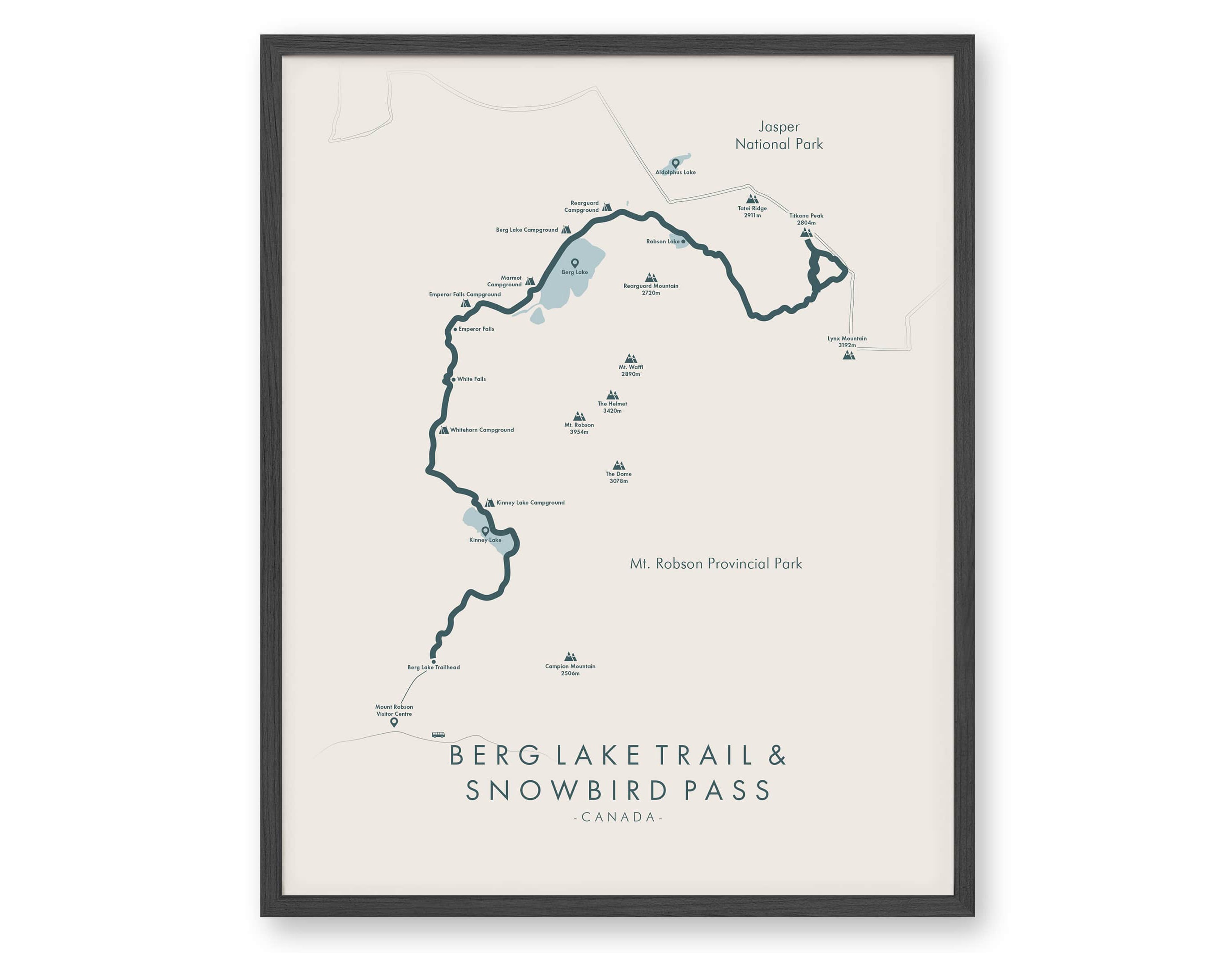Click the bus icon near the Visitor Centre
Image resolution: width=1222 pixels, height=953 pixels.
(x=438, y=735)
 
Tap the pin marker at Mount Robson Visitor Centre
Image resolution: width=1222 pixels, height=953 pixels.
(x=394, y=722)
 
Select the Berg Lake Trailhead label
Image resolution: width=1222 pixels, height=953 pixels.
(x=434, y=667)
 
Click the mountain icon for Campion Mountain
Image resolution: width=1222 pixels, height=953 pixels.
(x=570, y=656)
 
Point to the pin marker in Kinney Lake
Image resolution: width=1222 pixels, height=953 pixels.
(x=485, y=531)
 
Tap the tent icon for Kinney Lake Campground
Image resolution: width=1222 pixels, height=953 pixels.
(x=490, y=502)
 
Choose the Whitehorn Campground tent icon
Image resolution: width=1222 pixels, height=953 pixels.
(x=444, y=430)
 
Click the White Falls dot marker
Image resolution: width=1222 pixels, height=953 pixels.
(x=453, y=379)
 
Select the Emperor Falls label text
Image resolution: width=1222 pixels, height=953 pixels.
(x=476, y=329)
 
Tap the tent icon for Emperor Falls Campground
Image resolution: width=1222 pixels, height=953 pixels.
(x=465, y=303)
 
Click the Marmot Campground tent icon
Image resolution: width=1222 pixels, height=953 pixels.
(x=529, y=281)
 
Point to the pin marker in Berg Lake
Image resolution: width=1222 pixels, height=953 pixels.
(x=575, y=263)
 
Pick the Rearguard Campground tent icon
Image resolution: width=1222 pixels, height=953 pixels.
(x=606, y=207)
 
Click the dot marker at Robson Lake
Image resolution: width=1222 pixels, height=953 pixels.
(x=683, y=242)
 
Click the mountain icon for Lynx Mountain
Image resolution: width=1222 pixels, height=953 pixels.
(x=849, y=355)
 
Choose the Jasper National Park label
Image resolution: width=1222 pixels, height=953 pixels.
(x=779, y=136)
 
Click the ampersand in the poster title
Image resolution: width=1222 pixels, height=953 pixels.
(x=778, y=755)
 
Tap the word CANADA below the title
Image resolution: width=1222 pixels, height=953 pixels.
(x=618, y=817)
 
